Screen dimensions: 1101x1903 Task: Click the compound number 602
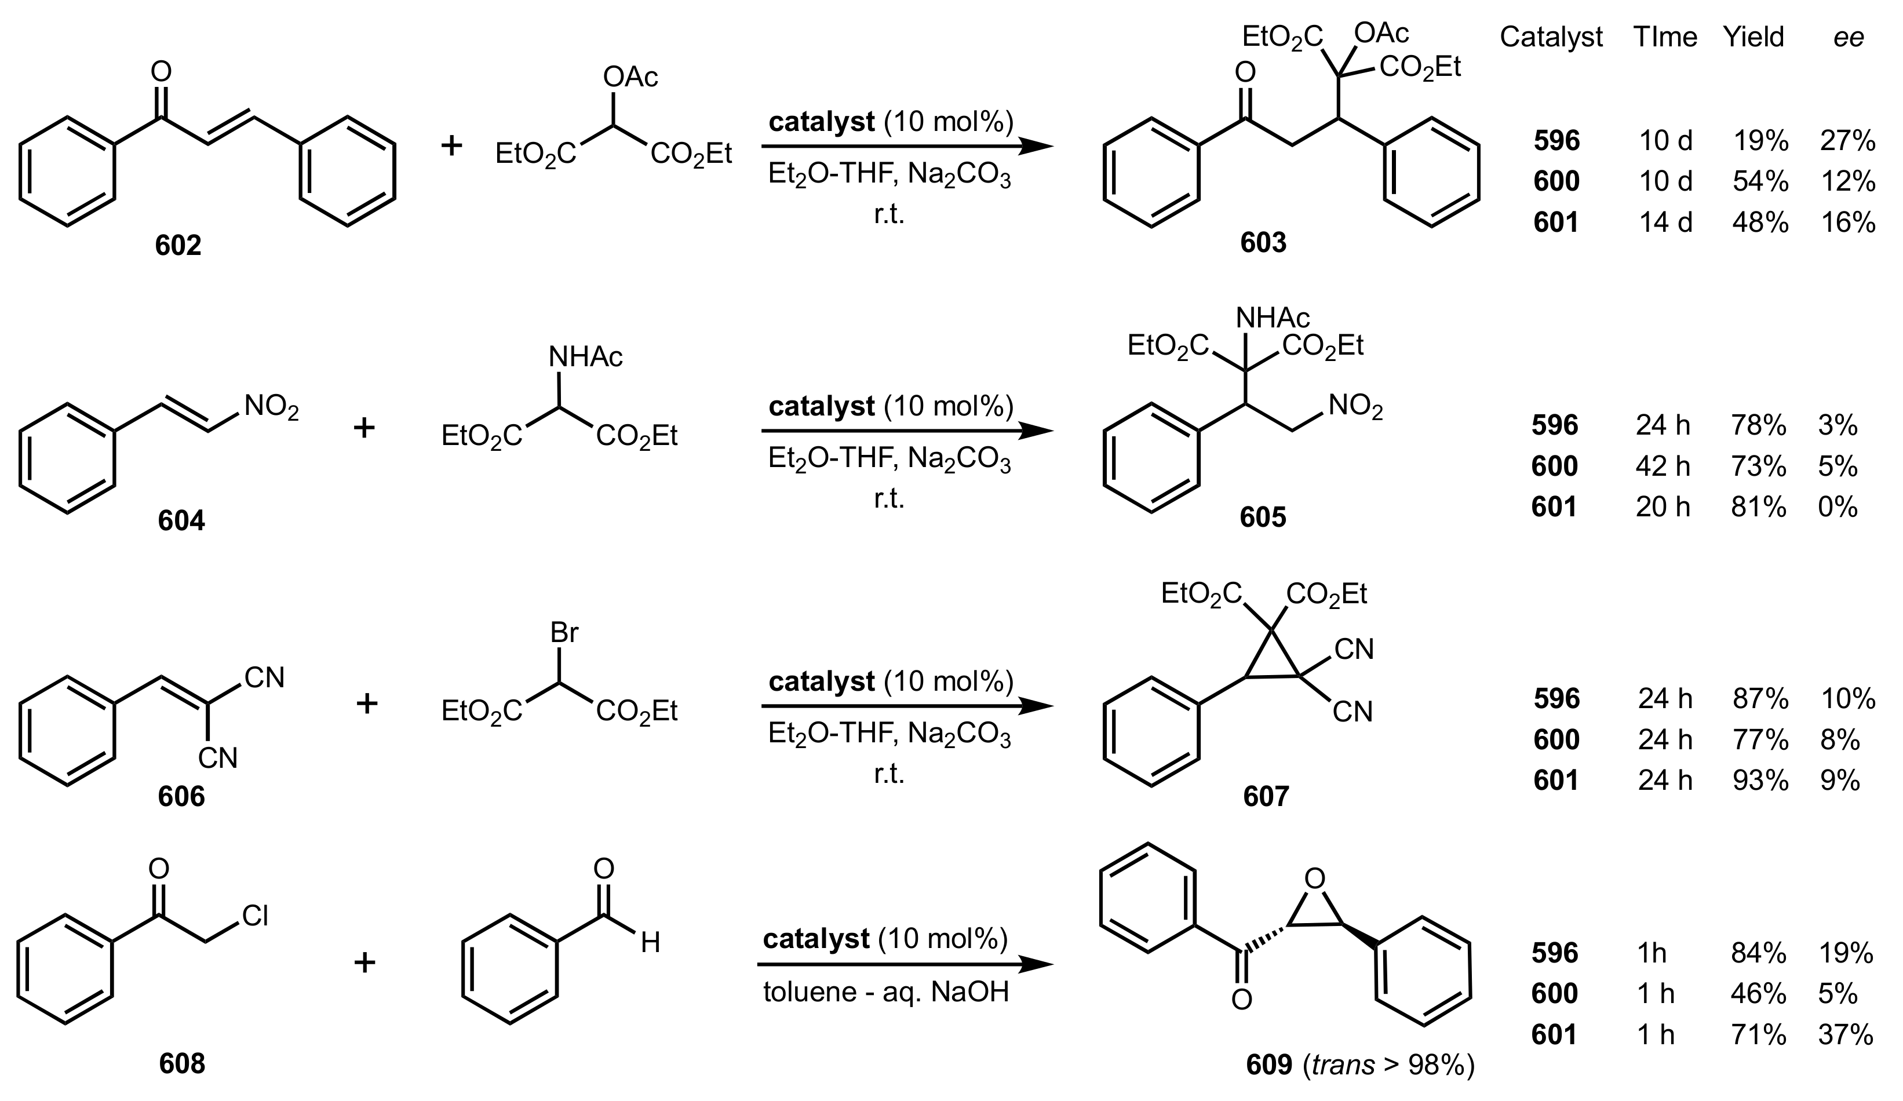coord(178,246)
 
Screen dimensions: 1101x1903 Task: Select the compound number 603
coord(1263,242)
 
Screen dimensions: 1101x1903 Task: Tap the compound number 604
coord(181,520)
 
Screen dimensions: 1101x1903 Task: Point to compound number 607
coord(1266,796)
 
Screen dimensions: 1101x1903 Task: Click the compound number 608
coord(182,1063)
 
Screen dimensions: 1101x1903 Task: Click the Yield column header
coord(1753,37)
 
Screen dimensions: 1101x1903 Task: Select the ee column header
coord(1848,37)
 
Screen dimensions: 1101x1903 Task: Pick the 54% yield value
coord(1759,181)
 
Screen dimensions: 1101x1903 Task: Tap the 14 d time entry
coord(1665,222)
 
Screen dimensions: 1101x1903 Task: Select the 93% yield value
coord(1759,780)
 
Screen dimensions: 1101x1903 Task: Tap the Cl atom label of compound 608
coord(254,916)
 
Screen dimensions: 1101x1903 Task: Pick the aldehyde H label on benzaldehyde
coord(650,942)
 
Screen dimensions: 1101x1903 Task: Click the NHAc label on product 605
coord(1273,318)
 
